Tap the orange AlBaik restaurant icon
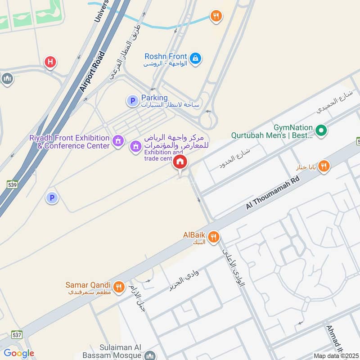[214, 236]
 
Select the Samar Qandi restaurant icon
[119, 287]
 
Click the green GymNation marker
[321, 131]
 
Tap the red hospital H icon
[50, 62]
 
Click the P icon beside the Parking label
[132, 101]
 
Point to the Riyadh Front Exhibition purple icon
[118, 141]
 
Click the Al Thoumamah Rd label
[273, 192]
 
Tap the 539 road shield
[12, 184]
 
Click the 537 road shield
[17, 334]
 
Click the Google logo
[18, 353]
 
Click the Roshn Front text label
[166, 57]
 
